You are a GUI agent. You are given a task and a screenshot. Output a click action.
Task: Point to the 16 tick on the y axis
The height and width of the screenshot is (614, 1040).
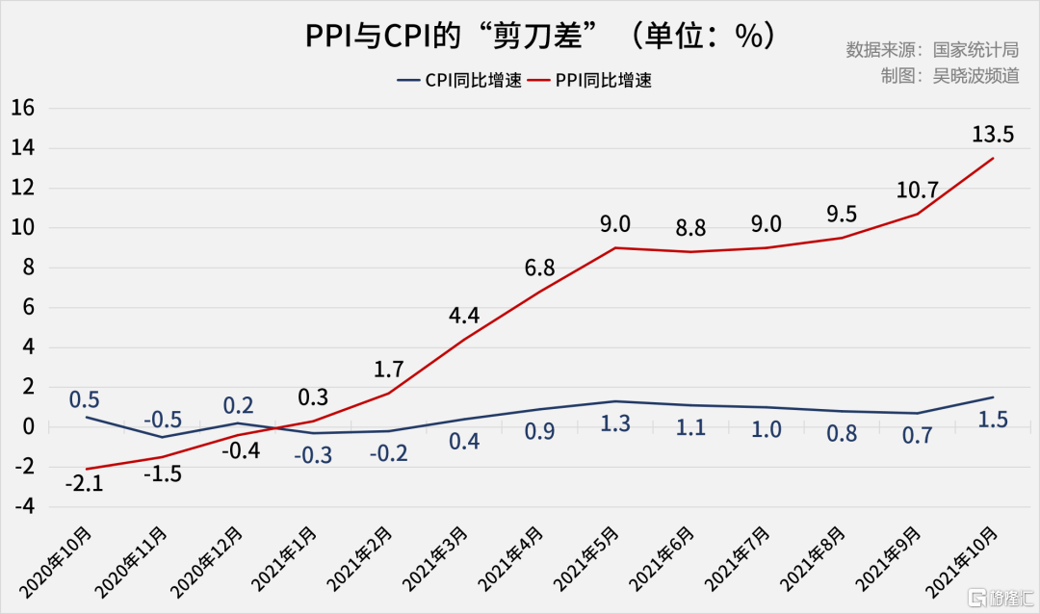coord(22,109)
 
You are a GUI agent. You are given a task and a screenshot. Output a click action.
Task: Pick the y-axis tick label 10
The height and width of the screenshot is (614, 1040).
coord(22,228)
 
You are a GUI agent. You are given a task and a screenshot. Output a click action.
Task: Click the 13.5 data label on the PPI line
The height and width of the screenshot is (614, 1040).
coord(993,133)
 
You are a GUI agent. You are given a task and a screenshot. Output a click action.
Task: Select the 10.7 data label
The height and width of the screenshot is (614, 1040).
coord(917,190)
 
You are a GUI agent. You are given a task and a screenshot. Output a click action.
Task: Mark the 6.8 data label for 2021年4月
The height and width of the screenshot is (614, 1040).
coord(539,269)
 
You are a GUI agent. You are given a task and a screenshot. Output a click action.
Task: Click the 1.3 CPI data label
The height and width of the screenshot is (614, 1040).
coord(615,424)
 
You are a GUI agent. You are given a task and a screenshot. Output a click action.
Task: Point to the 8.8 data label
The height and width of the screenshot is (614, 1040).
coord(690,229)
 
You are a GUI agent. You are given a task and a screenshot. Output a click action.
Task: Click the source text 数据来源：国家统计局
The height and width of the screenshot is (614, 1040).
coord(932,50)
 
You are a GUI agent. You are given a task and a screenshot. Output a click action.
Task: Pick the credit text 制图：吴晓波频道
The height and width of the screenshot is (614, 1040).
coord(949,75)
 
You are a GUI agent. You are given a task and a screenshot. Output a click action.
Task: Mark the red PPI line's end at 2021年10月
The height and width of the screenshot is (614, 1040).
coord(993,158)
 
